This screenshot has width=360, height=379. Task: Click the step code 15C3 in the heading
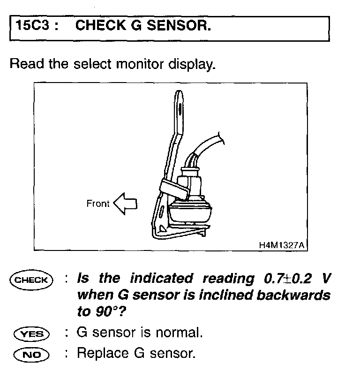33,26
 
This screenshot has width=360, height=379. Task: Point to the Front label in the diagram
97,204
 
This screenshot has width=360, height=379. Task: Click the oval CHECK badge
31,280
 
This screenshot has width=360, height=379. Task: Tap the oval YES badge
31,334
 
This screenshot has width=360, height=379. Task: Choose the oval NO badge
31,353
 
